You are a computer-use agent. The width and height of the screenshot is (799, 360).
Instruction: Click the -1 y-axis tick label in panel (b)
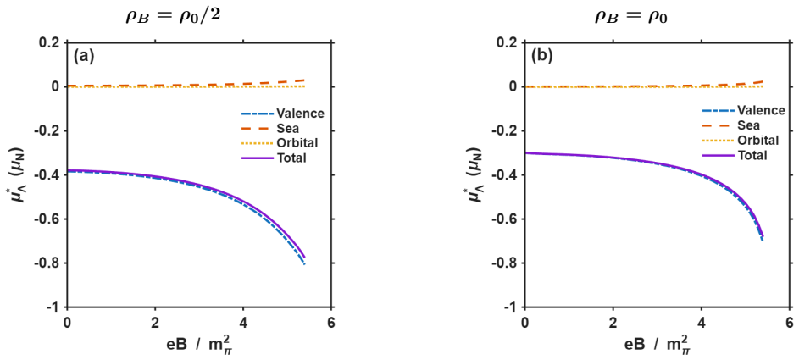[x=514, y=307]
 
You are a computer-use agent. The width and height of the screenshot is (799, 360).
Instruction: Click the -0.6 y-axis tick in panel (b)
[x=509, y=219]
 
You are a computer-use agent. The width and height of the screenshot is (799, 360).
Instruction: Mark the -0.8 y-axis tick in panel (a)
[x=52, y=263]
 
